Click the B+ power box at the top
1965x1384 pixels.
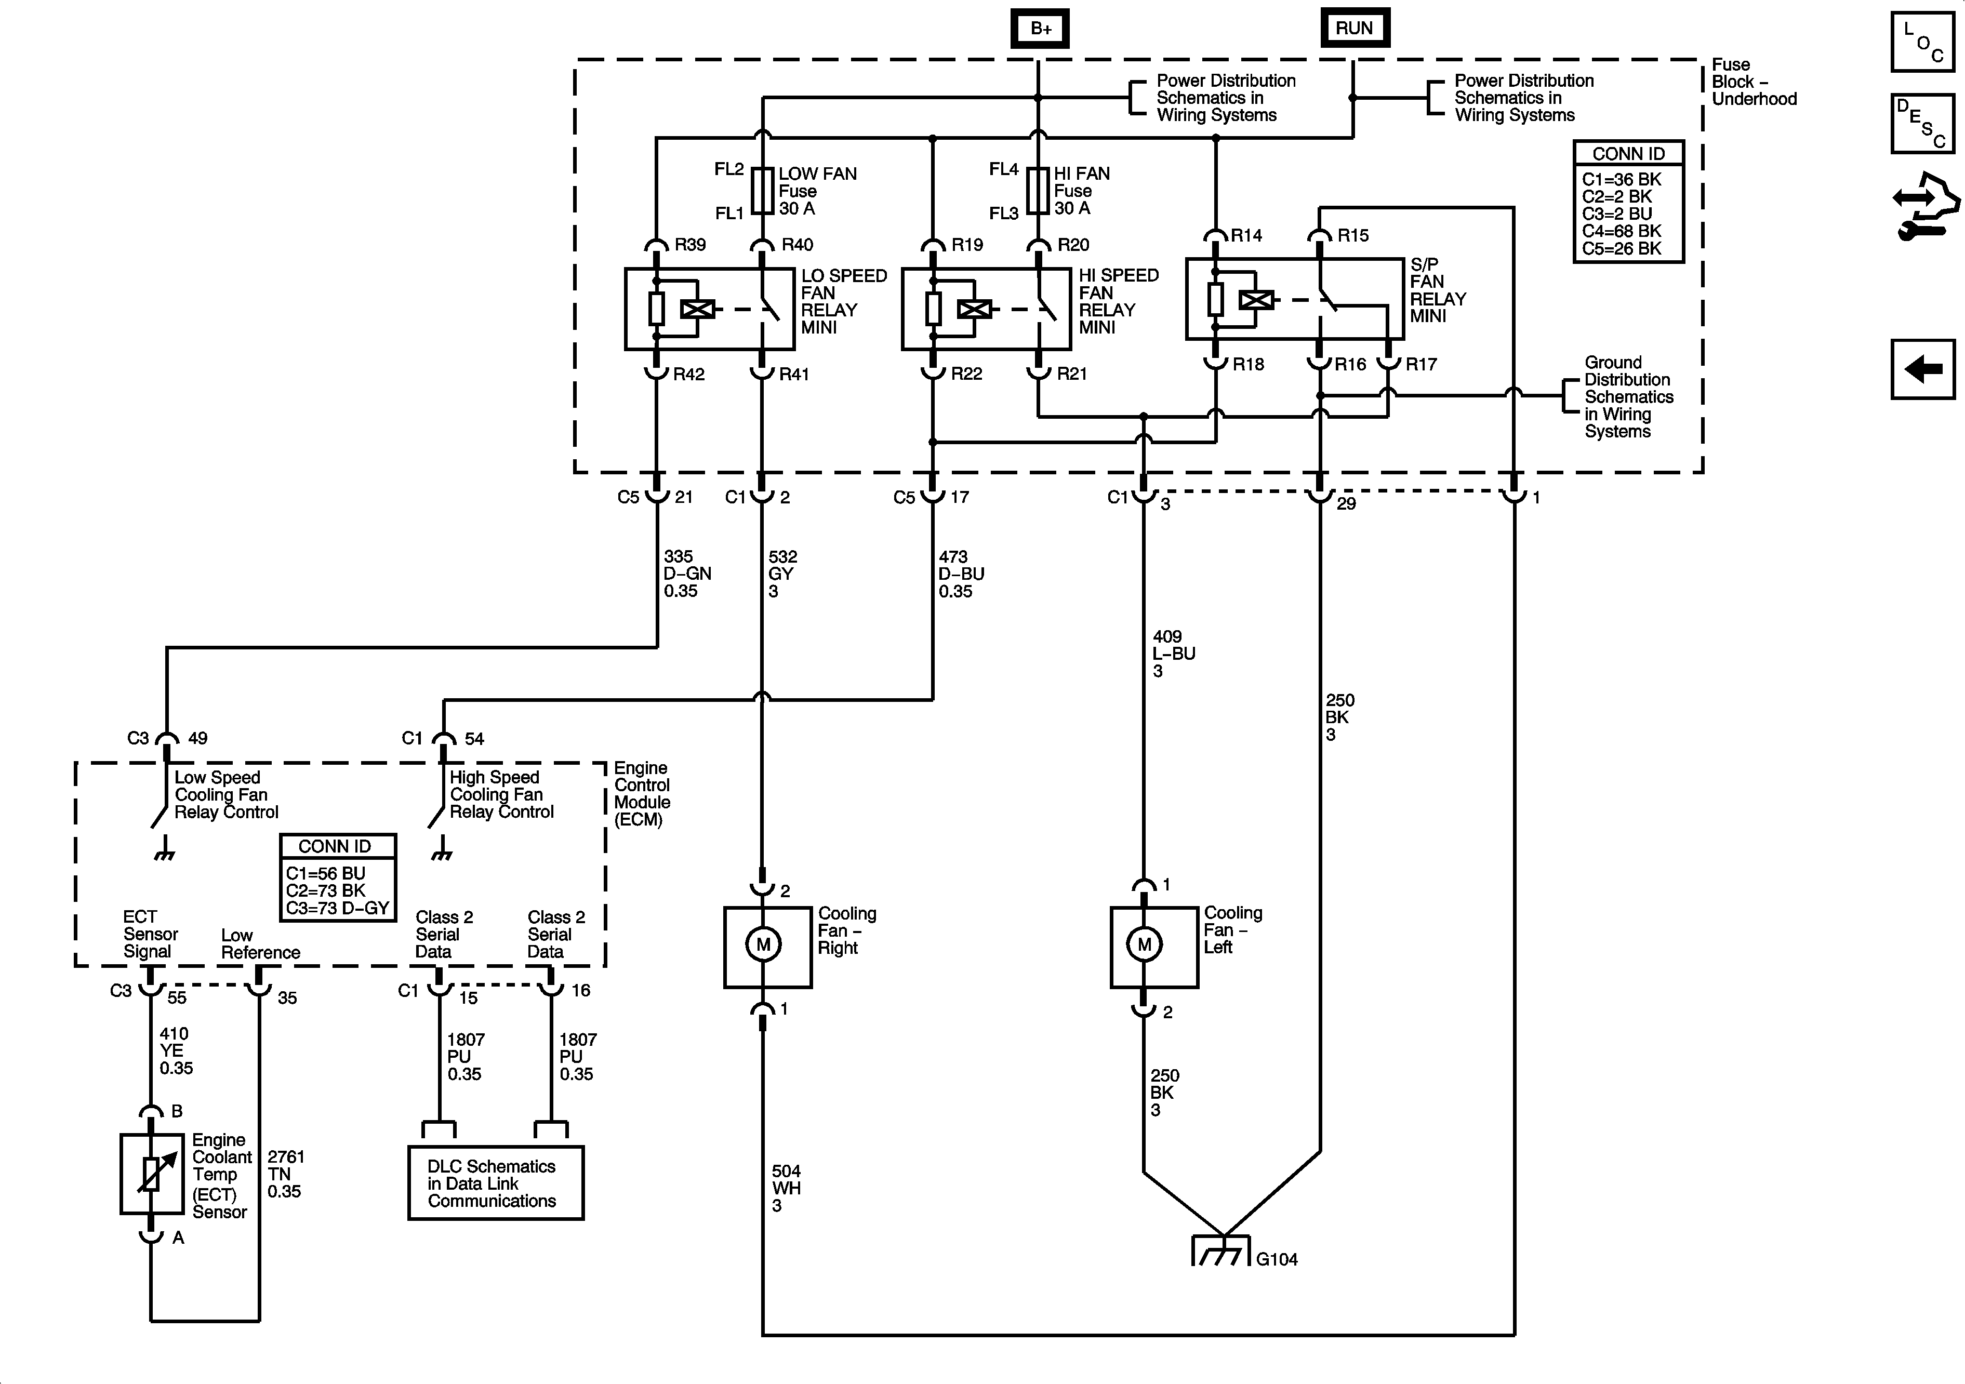pos(1040,28)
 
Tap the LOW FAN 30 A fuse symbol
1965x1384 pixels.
pos(763,190)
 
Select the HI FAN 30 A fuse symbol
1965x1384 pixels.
pos(1038,190)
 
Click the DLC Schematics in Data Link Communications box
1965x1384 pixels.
pos(496,1183)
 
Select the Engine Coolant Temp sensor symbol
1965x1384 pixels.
pos(152,1174)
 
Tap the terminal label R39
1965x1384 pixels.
pos(690,245)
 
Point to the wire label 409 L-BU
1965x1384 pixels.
pos(1173,654)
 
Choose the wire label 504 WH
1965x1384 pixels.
pos(786,1188)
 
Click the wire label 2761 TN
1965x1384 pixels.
pos(285,1174)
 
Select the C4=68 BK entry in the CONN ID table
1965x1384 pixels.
pos(1621,231)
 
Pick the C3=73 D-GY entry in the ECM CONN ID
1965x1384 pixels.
pos(337,908)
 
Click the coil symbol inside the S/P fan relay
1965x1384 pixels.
pos(1255,300)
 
